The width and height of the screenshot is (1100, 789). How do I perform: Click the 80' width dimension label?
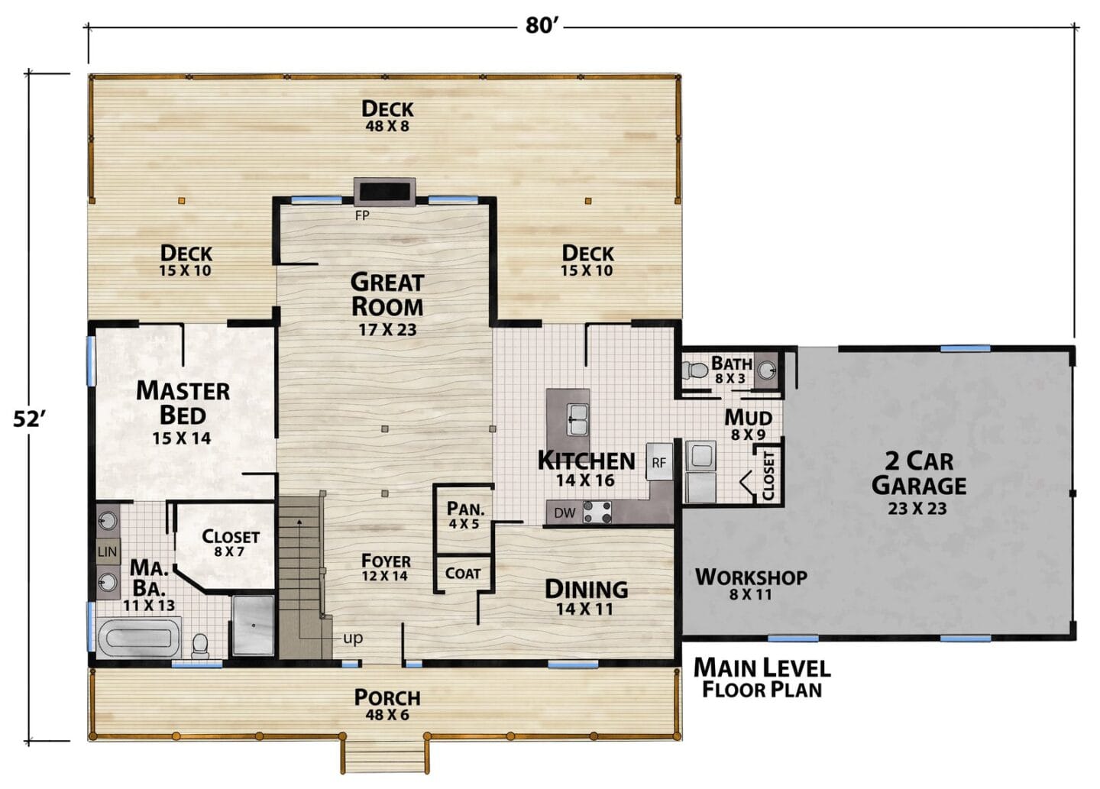pos(539,25)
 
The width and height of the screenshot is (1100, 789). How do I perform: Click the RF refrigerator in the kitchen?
pos(659,462)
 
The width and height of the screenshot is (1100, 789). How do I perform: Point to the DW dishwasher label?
pos(565,513)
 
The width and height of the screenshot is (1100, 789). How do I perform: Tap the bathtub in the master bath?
pos(138,638)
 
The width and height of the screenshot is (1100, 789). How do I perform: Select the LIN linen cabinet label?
pos(107,551)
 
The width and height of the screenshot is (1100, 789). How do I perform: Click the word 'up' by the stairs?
pos(353,639)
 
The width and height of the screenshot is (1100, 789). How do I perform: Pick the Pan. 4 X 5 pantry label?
pos(464,515)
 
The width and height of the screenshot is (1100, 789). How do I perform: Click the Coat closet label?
pos(463,573)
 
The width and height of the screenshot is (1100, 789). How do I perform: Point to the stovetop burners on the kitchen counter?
pos(597,512)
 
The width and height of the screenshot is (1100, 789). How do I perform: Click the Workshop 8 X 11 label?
pos(751,584)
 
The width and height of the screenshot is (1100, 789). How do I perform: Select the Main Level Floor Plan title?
pos(762,678)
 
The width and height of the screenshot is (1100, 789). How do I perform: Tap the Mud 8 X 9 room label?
pos(749,424)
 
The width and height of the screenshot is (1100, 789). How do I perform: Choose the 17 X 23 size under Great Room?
pos(387,329)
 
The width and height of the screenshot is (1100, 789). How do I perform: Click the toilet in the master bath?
pos(200,645)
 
